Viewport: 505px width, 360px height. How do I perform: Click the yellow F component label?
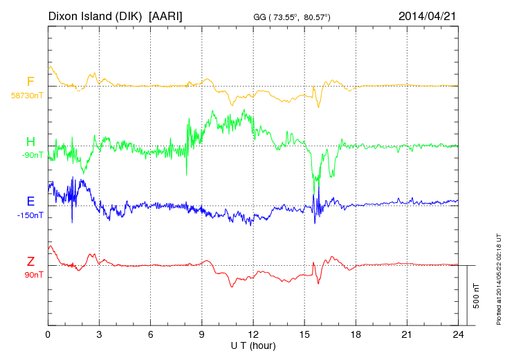pos(30,82)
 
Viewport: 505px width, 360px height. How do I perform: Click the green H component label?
pos(30,142)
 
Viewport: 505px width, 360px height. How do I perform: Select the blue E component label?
pos(30,201)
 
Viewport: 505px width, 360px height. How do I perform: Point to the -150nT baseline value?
pos(30,215)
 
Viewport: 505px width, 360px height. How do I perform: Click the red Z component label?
pos(30,261)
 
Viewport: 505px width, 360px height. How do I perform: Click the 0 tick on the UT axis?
pos(48,334)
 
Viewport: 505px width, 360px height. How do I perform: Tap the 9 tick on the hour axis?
pos(202,334)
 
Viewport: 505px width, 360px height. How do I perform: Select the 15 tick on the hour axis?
pos(304,334)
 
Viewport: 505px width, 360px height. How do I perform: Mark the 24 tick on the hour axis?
pos(458,334)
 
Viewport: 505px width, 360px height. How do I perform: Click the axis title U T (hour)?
pos(254,345)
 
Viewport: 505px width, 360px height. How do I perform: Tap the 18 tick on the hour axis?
pos(356,334)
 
